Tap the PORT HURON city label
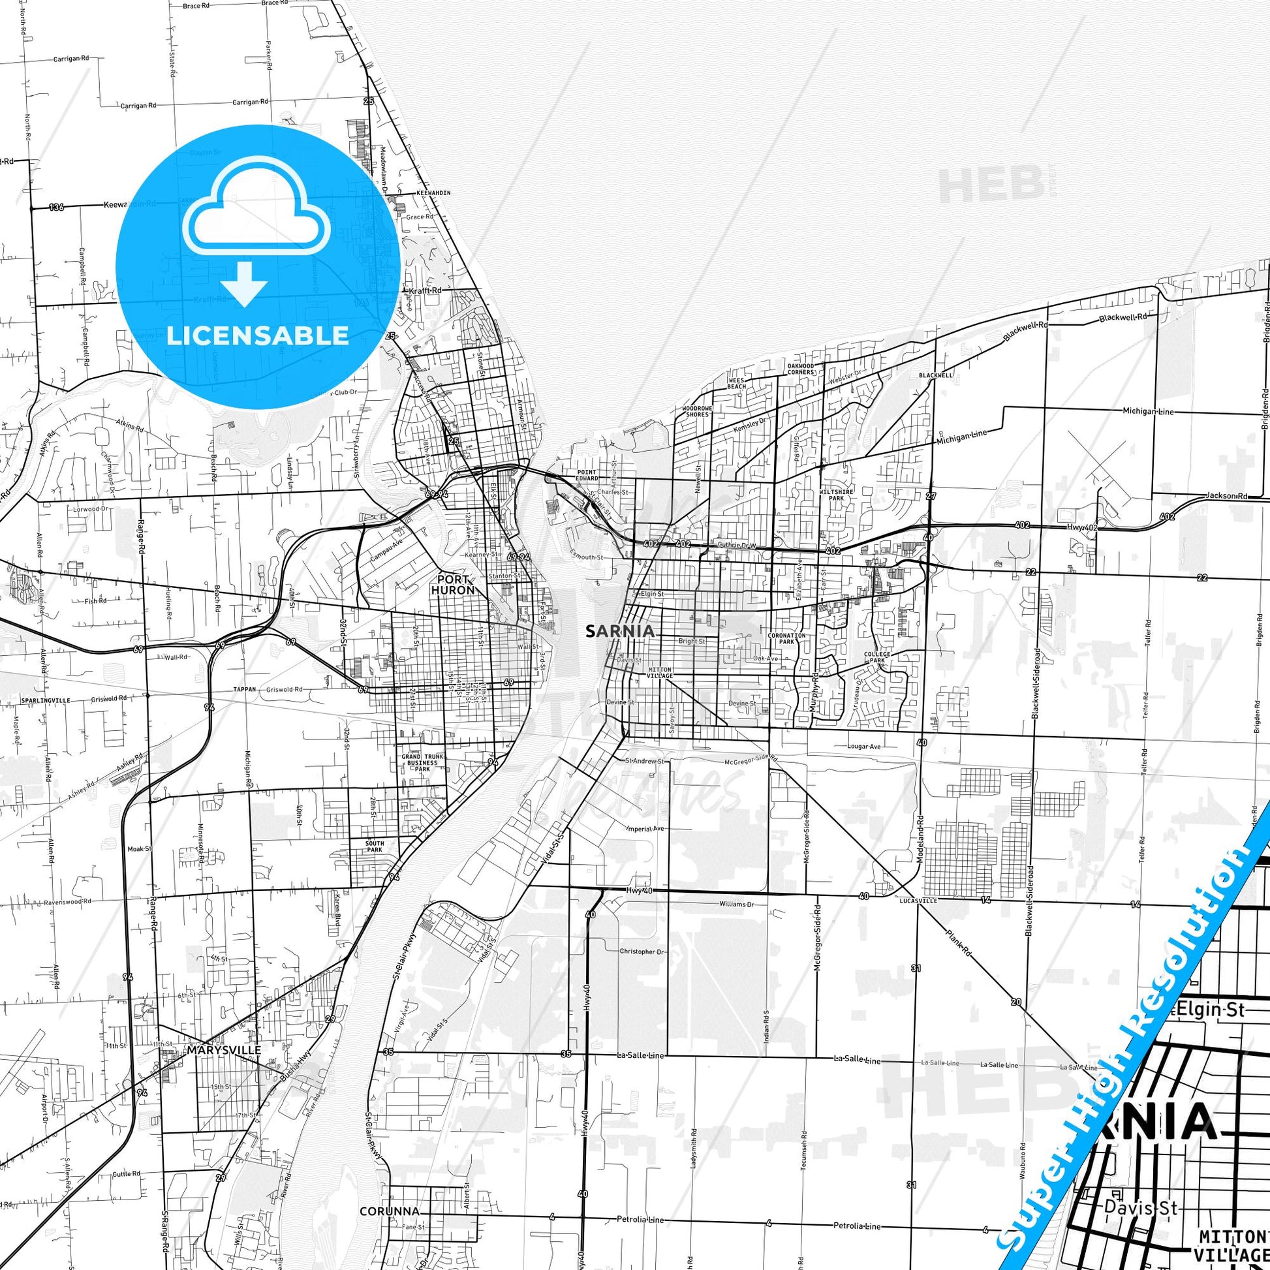(x=452, y=584)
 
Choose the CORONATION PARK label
(x=787, y=638)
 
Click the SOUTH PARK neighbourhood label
(x=375, y=846)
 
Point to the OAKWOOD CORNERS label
(x=801, y=368)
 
